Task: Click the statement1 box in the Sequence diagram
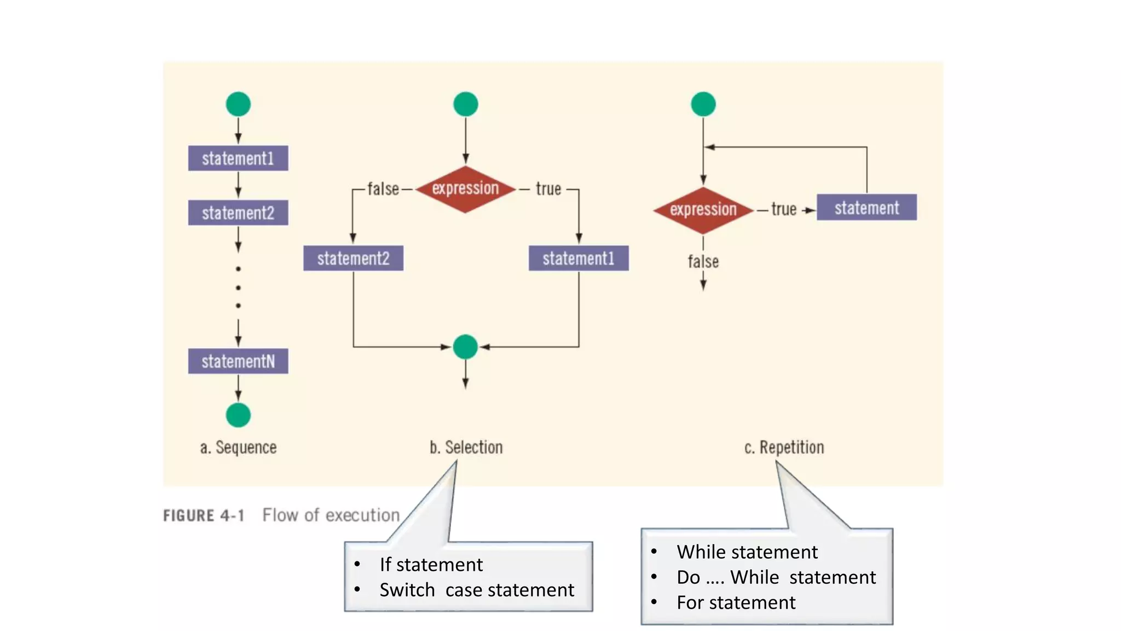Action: [238, 158]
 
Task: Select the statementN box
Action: [238, 362]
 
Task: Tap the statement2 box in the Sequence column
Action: [238, 213]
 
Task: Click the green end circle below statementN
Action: [238, 415]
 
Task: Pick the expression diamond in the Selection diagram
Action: [465, 189]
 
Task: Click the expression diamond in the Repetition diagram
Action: [703, 210]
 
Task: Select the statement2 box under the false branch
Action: [353, 258]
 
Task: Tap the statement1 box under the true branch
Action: [579, 258]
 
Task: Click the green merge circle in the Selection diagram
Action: [465, 347]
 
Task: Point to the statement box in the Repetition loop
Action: [866, 208]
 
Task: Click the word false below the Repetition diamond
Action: [703, 262]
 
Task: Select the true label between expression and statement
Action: [783, 209]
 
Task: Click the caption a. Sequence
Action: [238, 448]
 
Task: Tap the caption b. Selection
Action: [466, 448]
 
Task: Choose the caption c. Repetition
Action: [784, 448]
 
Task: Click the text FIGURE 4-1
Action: [204, 515]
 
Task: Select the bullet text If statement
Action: [431, 565]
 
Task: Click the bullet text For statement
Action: [736, 603]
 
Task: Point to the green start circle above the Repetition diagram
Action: [703, 104]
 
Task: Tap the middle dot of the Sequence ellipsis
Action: [238, 288]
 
